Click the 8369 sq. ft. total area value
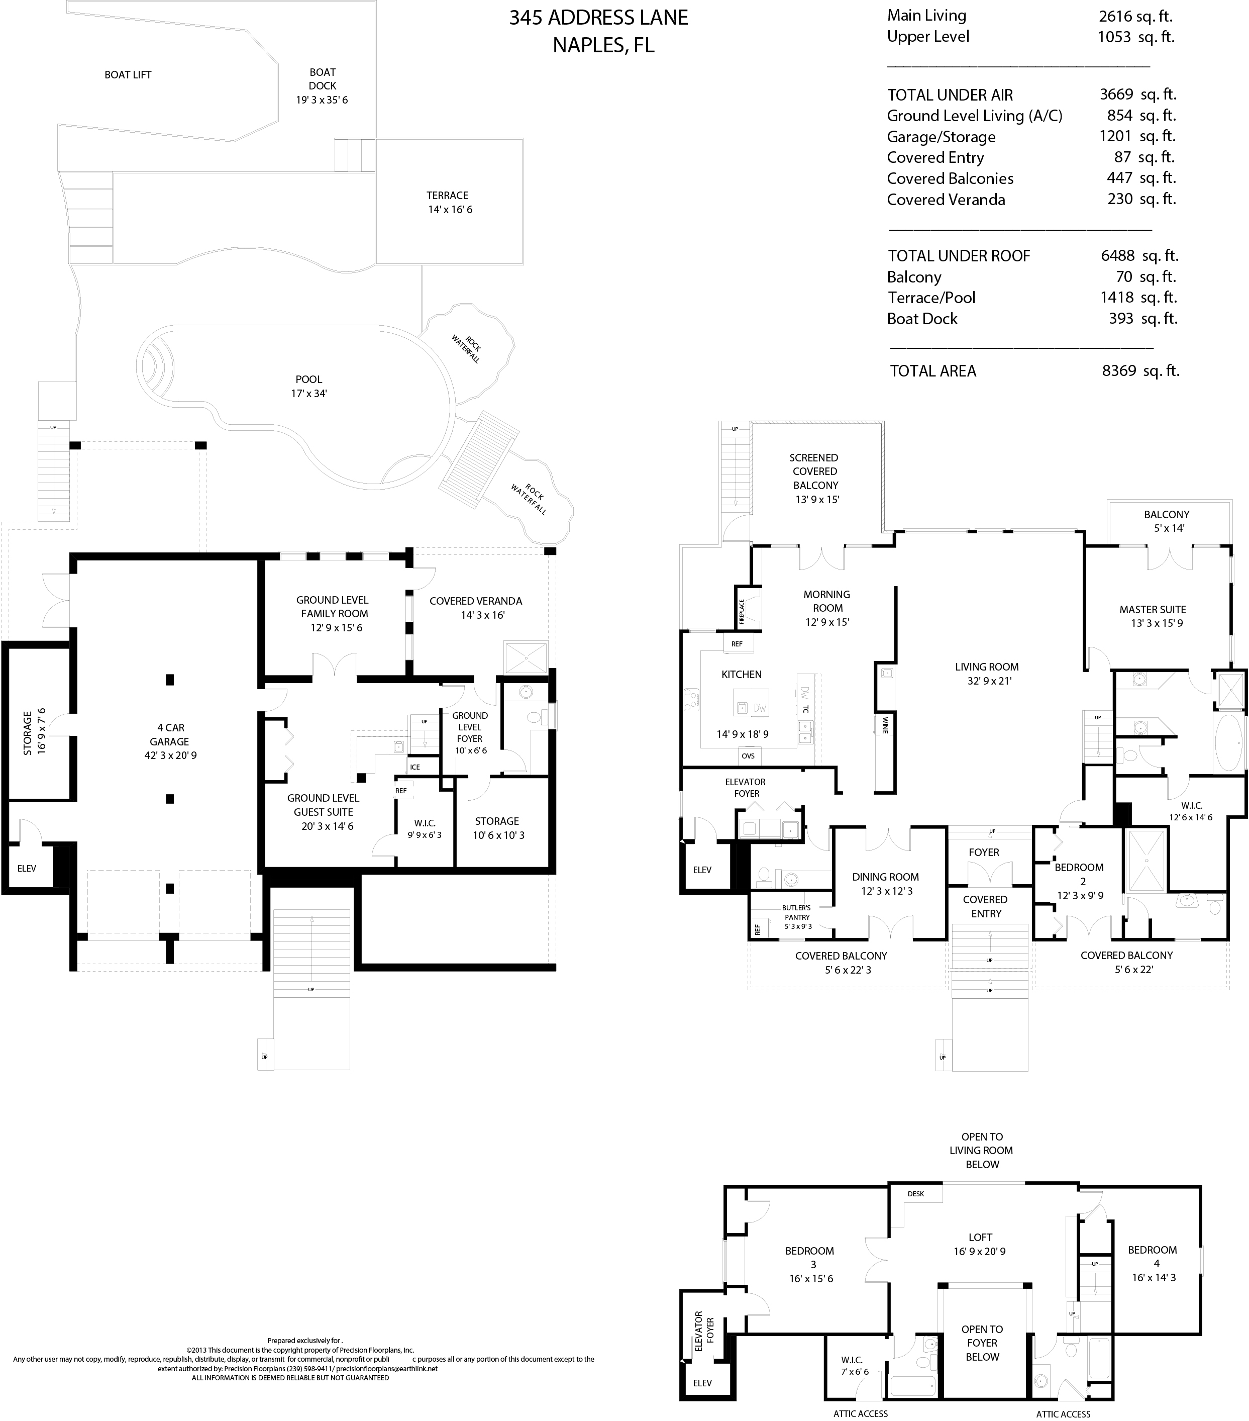(1140, 371)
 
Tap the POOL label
(308, 380)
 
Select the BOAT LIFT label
(128, 75)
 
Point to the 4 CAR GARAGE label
(170, 735)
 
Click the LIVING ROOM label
(986, 667)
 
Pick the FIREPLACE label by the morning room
(742, 611)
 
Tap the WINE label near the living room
(885, 725)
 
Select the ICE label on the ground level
(415, 767)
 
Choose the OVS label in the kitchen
(748, 755)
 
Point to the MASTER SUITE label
(1153, 610)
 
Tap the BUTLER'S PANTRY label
(796, 912)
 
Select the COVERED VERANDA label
(475, 601)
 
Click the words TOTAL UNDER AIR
(950, 95)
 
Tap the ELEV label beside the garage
(27, 868)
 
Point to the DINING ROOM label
(885, 877)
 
